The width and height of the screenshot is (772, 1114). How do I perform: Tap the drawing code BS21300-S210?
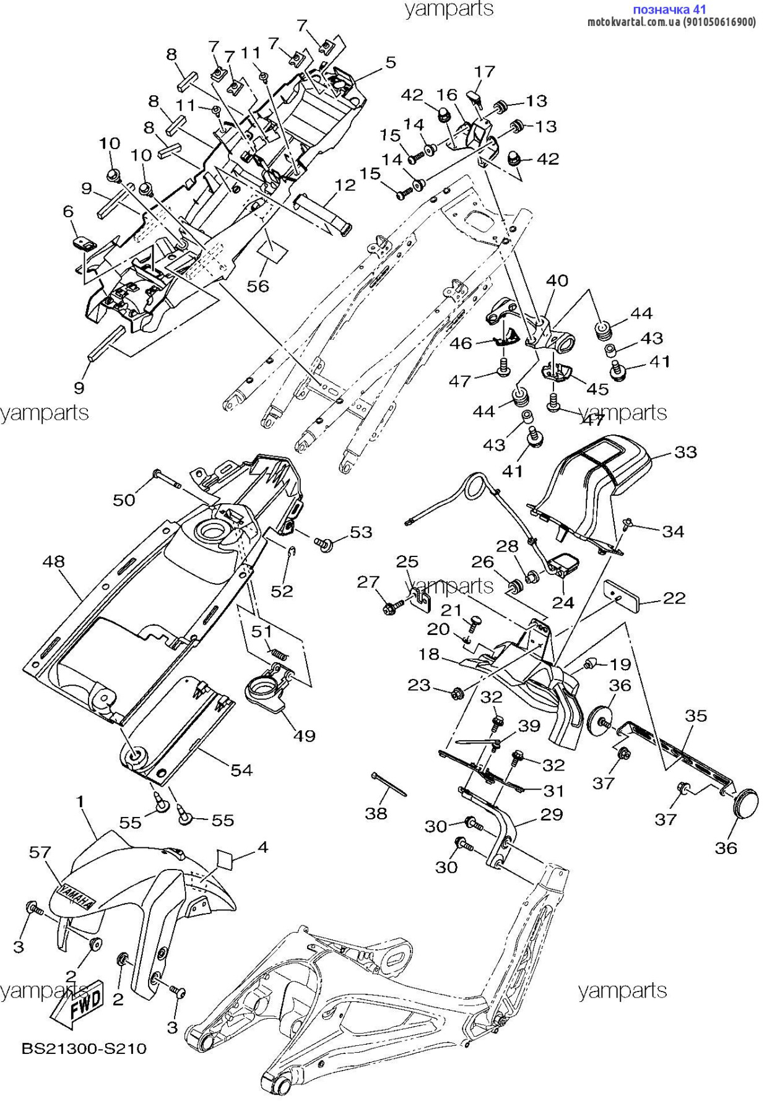point(84,1048)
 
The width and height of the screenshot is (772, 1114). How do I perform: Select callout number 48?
point(54,561)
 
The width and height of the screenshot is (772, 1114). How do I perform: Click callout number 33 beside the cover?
point(685,452)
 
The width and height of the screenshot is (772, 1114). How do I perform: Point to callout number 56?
point(258,285)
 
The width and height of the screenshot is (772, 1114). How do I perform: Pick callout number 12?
point(345,185)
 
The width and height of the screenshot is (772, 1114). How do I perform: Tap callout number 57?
point(40,852)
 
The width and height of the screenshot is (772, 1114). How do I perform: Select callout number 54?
point(241,770)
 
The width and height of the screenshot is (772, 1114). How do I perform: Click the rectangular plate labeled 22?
point(623,594)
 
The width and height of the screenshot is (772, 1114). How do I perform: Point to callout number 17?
point(485,72)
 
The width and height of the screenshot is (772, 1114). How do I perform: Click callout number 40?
point(557,280)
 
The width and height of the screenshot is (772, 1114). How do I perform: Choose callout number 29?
point(552,814)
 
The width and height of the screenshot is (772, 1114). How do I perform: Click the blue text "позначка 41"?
point(669,9)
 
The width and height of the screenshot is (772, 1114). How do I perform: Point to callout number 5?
point(390,62)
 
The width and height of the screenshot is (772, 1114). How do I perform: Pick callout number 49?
point(304,735)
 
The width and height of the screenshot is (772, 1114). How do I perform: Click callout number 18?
point(428,654)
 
